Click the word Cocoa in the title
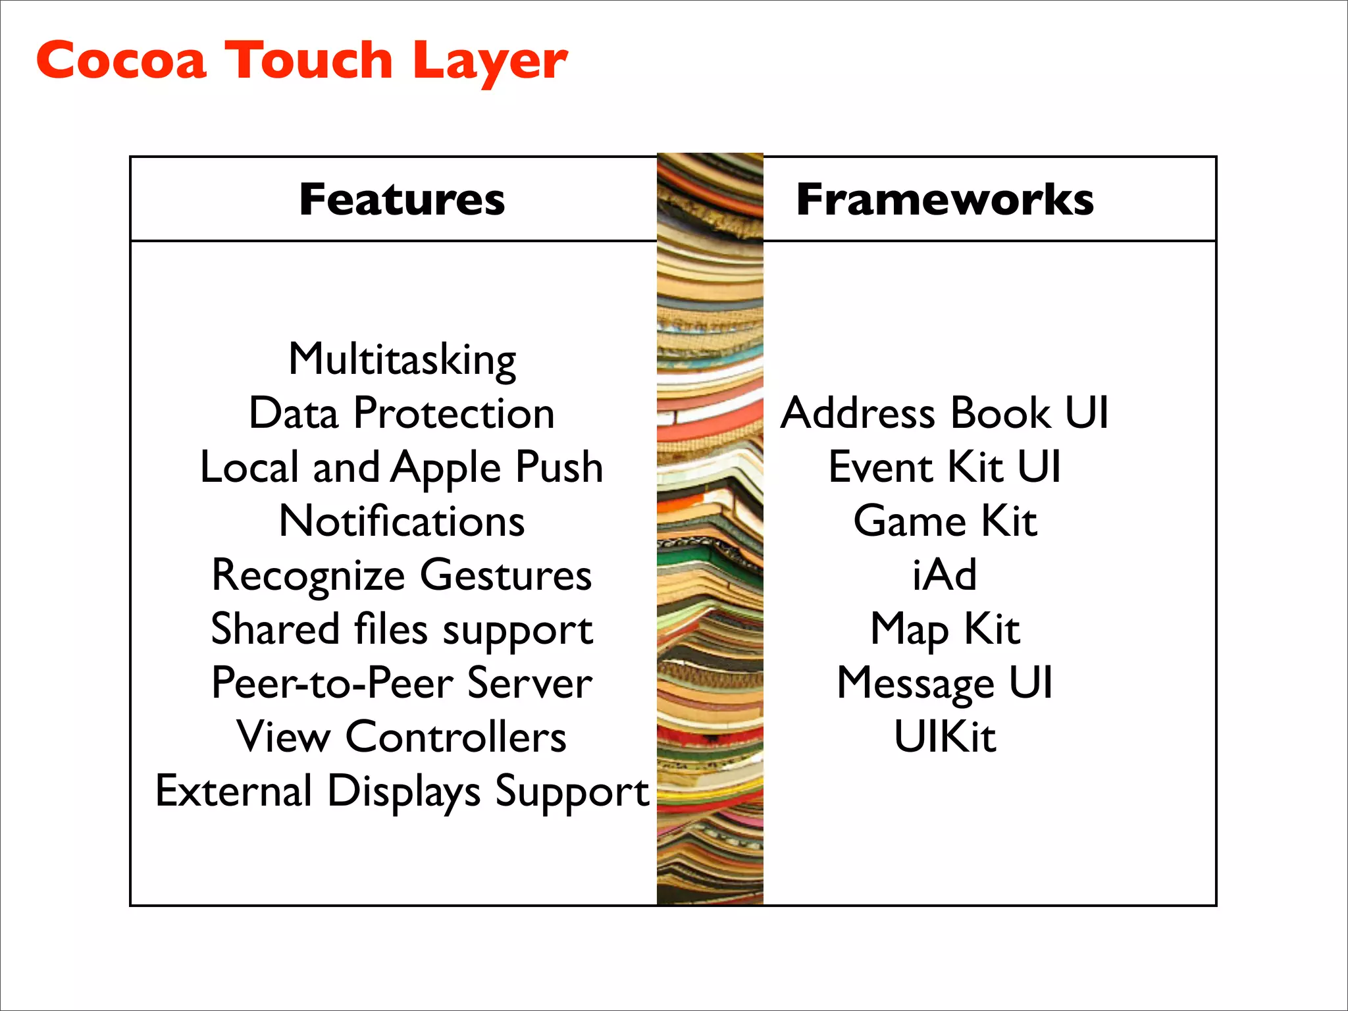(x=121, y=61)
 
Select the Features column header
(x=402, y=199)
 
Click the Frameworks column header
(x=945, y=199)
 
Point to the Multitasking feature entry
(x=402, y=360)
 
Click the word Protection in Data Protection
(x=454, y=413)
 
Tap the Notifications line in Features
(x=402, y=521)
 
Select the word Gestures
(x=505, y=576)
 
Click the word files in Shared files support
(x=391, y=629)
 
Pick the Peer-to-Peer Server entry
(x=402, y=683)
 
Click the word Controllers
(x=455, y=737)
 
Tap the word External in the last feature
(x=234, y=791)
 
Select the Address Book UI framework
(x=945, y=413)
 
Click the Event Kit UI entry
(x=945, y=467)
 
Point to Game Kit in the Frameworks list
(x=945, y=521)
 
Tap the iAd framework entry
(x=945, y=575)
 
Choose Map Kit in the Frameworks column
(x=945, y=629)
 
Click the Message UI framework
(x=945, y=683)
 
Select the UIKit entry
(x=945, y=737)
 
